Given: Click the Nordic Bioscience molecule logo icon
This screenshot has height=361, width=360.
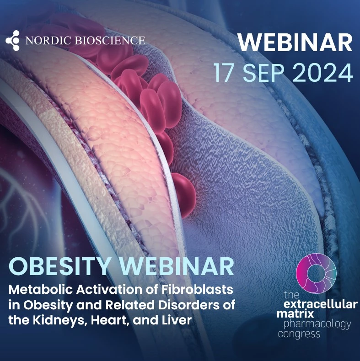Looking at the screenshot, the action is pyautogui.click(x=13, y=41).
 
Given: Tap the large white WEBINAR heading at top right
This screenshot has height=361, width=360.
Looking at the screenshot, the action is pyautogui.click(x=295, y=43).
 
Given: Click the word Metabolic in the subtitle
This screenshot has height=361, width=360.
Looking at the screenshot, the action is pyautogui.click(x=41, y=289).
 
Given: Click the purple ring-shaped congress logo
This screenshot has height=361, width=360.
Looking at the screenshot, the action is pyautogui.click(x=316, y=273).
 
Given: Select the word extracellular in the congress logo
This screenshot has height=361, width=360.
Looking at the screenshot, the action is pyautogui.click(x=320, y=304).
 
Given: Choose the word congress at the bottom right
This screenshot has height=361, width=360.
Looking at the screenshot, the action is pyautogui.click(x=299, y=334).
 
